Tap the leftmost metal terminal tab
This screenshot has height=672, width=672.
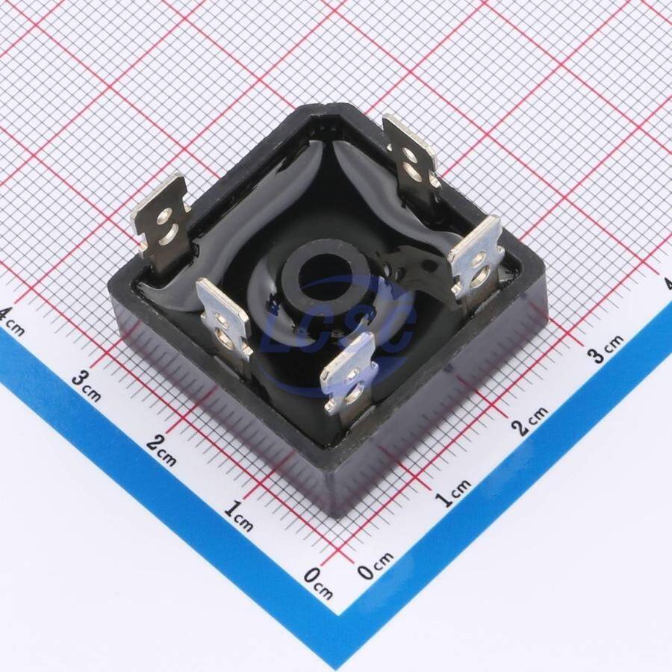pyautogui.click(x=161, y=223)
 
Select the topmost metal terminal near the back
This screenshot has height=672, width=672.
pyautogui.click(x=411, y=160)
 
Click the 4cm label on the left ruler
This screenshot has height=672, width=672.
pyautogui.click(x=10, y=321)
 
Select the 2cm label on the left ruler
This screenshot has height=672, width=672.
pyautogui.click(x=161, y=450)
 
